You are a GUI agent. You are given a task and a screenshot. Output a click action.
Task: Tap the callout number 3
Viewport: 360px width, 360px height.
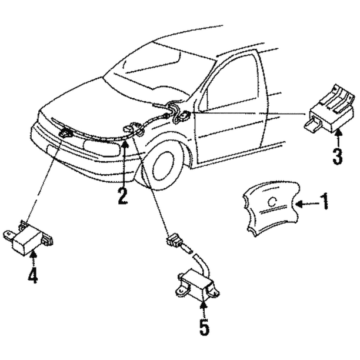pyautogui.click(x=337, y=156)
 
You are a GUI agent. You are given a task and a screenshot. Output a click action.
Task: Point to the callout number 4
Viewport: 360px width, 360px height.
pyautogui.click(x=33, y=275)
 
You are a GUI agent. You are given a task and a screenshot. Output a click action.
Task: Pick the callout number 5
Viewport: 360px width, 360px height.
pyautogui.click(x=203, y=326)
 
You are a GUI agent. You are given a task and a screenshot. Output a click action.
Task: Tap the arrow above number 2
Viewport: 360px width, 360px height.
pyautogui.click(x=125, y=165)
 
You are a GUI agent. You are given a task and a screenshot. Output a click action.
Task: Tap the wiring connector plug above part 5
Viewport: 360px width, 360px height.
pyautogui.click(x=172, y=241)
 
